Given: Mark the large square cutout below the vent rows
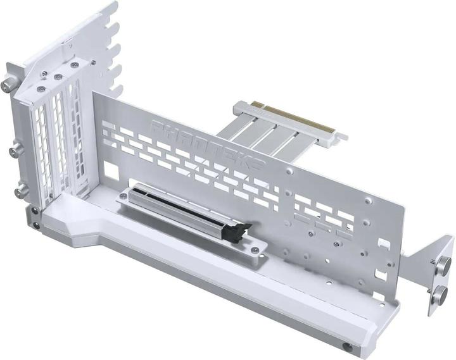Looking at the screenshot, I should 111,170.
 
